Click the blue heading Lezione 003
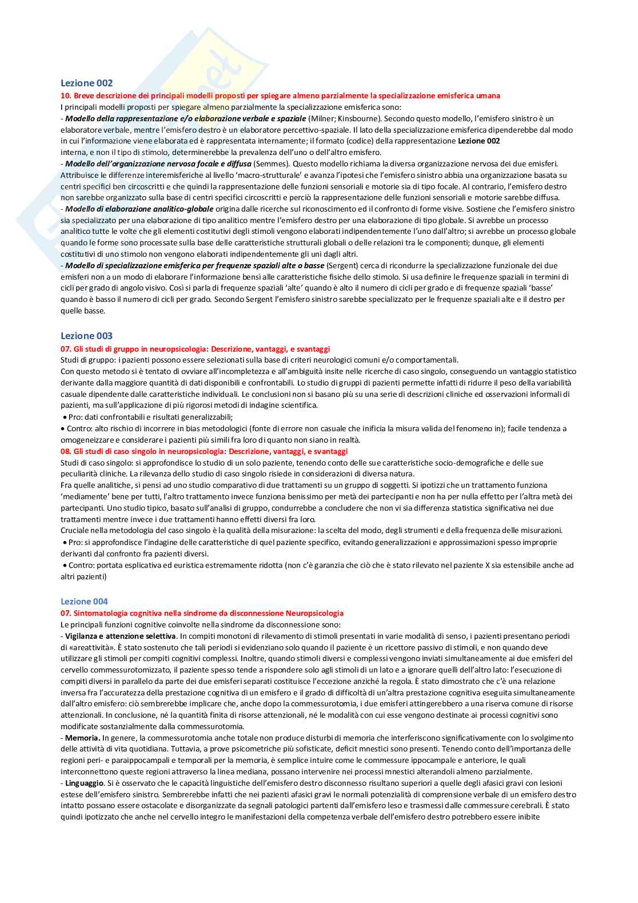click(86, 336)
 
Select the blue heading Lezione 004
click(84, 601)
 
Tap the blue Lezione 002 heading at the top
click(86, 83)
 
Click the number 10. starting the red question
click(66, 96)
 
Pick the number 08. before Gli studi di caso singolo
click(66, 451)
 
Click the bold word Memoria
click(82, 738)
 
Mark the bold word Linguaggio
click(85, 783)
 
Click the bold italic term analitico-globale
click(181, 209)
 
